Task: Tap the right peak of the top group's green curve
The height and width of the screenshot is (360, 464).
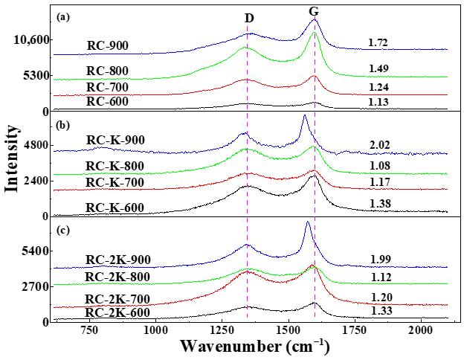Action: tap(315, 33)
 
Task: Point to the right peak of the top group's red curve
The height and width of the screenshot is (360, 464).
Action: tap(314, 76)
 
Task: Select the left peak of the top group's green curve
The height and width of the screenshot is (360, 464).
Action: tap(246, 48)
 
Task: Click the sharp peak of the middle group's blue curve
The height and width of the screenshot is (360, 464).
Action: tap(305, 115)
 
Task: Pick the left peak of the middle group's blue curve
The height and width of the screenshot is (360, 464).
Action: tap(245, 133)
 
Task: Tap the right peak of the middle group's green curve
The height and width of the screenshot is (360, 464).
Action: tap(314, 147)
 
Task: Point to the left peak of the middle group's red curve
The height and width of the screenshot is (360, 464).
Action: tap(248, 173)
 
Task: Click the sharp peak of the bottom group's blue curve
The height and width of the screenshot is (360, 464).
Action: tap(308, 222)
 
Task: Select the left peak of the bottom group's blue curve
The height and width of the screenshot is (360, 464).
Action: tap(248, 244)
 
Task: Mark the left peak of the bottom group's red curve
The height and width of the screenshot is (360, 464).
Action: tap(248, 271)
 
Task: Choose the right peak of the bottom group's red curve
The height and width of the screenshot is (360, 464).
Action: tap(313, 266)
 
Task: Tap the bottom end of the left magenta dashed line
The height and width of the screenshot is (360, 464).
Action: tap(248, 318)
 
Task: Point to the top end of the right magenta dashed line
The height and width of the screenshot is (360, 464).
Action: tap(315, 16)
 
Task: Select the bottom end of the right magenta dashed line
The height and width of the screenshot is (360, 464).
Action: tap(315, 318)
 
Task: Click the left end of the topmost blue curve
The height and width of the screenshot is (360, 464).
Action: tap(54, 54)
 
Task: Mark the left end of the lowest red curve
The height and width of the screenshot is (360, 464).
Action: tap(54, 307)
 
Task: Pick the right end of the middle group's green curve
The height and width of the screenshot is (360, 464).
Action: tap(448, 173)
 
